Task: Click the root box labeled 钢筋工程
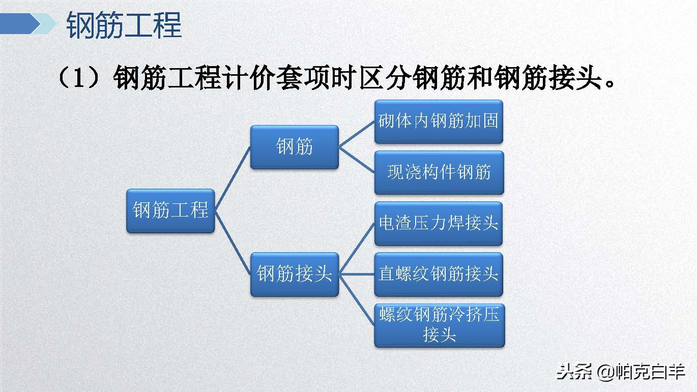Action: (170, 210)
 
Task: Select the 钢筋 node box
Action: (294, 147)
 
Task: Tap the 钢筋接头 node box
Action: (294, 275)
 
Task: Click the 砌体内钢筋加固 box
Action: (439, 122)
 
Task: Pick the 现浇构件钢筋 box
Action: (439, 172)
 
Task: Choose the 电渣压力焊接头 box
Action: (439, 224)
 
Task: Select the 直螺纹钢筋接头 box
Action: (439, 275)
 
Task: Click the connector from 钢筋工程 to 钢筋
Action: (233, 178)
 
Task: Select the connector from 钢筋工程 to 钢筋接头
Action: (233, 243)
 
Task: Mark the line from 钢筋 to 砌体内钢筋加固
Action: (357, 134)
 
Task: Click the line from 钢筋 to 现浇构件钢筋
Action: (357, 160)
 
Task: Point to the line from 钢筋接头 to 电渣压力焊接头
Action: (357, 249)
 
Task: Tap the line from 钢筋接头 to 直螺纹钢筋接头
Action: (357, 275)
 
